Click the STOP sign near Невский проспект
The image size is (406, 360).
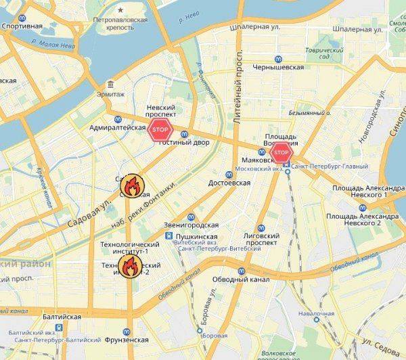160,129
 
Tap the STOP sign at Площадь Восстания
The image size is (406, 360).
281,154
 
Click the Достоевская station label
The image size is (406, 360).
229,183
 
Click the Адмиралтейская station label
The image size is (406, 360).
118,127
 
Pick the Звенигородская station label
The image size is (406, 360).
191,225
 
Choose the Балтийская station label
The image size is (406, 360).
61,317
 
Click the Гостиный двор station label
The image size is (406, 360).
183,143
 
